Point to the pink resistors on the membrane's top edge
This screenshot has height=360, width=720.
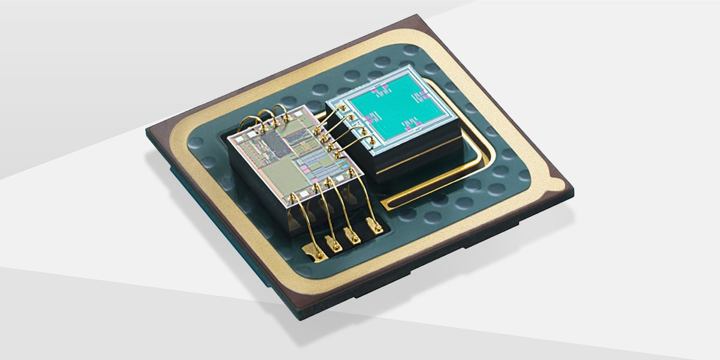coord(382,90)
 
